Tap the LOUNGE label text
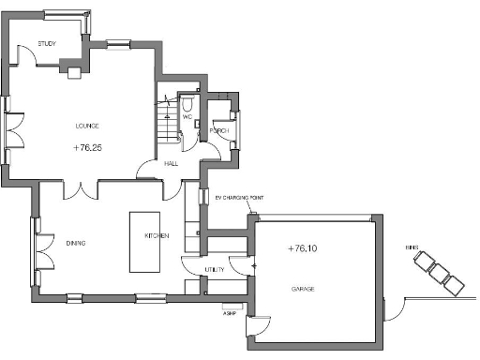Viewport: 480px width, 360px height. (87, 126)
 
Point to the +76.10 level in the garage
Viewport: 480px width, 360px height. (306, 248)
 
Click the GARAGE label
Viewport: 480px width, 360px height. (302, 289)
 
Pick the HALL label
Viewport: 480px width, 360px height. (171, 163)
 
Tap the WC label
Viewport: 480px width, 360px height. (199, 117)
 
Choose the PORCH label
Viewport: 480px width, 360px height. (219, 130)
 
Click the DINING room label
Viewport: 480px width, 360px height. (76, 243)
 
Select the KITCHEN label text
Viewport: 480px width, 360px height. (156, 235)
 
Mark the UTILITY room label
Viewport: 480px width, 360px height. (215, 270)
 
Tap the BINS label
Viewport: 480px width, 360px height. (411, 247)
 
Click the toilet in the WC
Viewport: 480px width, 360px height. (188, 103)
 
